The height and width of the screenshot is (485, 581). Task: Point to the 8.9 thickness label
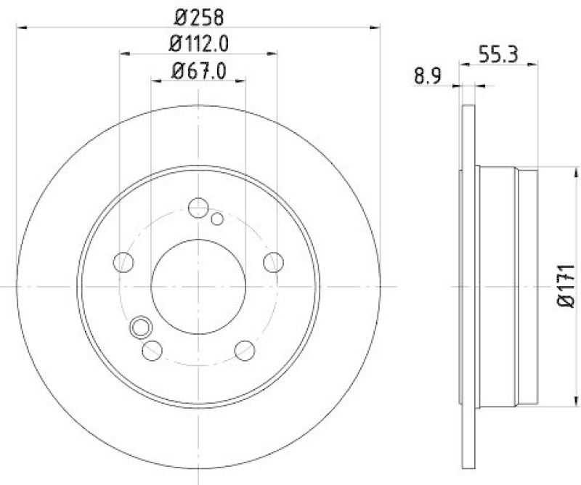tap(428, 76)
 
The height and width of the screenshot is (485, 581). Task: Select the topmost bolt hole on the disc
tap(198, 208)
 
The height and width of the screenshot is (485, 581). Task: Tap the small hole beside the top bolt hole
tap(216, 219)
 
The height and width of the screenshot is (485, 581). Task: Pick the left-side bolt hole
tap(125, 261)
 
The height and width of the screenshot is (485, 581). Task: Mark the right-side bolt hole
tap(273, 261)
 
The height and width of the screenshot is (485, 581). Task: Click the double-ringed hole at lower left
tap(139, 329)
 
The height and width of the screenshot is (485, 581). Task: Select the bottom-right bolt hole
tap(244, 349)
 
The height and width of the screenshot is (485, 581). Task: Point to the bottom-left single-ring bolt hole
tap(153, 350)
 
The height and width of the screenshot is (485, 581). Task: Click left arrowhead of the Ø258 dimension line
tap(20, 28)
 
